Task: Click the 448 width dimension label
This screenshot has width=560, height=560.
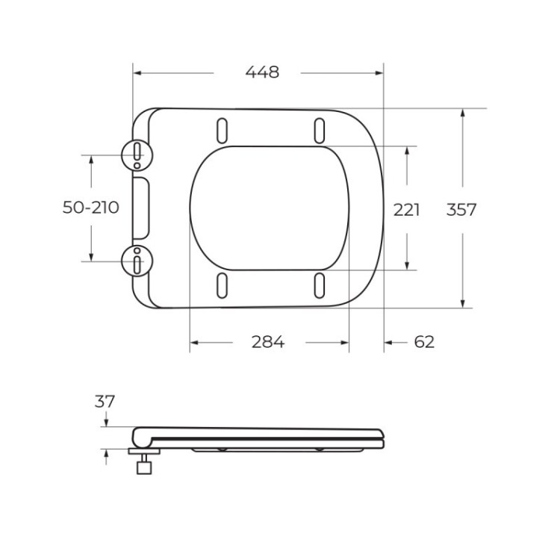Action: point(262,72)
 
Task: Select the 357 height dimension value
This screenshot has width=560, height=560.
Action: point(461,210)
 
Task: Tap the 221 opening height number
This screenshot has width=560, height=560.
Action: point(407,210)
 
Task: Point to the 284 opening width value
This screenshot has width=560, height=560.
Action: point(267,342)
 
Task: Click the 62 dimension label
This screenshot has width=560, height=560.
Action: point(423,342)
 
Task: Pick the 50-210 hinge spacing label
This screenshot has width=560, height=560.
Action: point(90,208)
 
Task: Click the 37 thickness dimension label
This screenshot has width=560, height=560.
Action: point(105,401)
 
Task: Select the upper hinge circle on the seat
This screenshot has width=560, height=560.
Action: point(137,155)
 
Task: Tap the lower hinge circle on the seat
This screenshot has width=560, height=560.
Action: point(137,261)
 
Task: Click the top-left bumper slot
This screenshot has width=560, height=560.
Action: point(223,130)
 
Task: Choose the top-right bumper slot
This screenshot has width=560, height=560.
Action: point(320,130)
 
